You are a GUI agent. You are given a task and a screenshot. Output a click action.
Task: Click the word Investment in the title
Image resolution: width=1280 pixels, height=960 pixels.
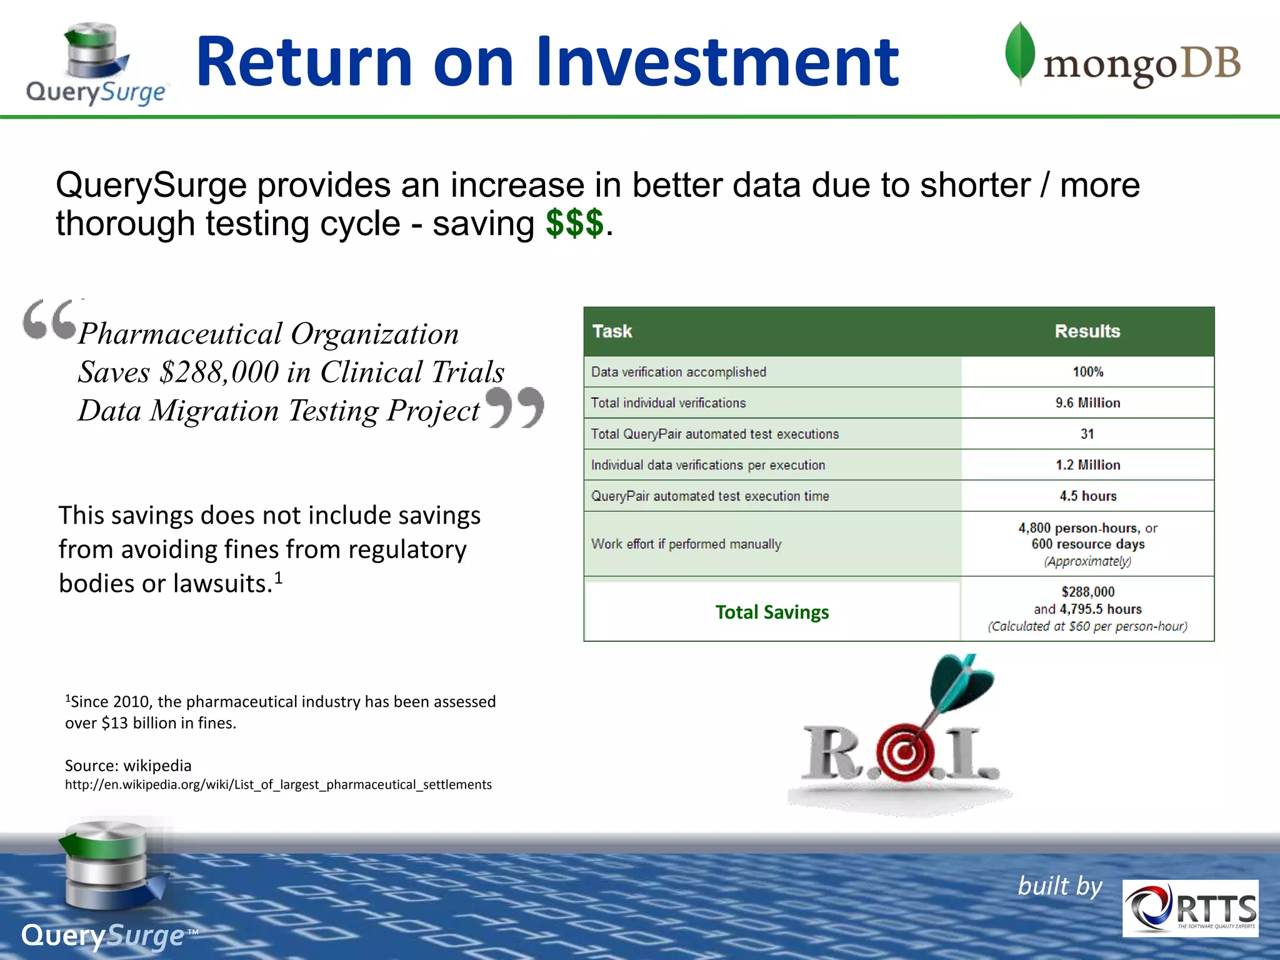(717, 62)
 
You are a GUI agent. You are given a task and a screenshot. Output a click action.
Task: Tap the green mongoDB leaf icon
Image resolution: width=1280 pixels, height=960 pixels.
(1019, 53)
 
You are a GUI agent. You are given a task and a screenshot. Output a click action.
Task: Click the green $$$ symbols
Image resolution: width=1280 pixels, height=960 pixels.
(574, 223)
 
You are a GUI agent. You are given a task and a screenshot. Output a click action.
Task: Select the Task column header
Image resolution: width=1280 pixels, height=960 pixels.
(612, 331)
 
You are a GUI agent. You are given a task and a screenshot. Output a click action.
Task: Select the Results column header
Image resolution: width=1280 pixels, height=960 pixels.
(1087, 331)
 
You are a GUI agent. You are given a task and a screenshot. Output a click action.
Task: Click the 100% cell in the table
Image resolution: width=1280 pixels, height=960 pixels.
(1087, 372)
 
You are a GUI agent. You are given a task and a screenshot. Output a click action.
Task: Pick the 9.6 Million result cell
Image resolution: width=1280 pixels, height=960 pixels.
(1087, 403)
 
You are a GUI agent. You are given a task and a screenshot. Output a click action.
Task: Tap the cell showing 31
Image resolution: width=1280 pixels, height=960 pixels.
(1087, 434)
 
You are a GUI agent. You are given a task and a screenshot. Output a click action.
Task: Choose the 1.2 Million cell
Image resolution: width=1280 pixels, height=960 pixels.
(1087, 465)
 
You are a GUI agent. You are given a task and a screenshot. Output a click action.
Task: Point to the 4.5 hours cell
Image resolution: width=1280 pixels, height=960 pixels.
(1087, 496)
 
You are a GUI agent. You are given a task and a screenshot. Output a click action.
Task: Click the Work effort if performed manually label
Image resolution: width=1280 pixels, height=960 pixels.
(686, 544)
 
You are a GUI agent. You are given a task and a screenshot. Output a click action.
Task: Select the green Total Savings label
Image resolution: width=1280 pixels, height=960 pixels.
(772, 612)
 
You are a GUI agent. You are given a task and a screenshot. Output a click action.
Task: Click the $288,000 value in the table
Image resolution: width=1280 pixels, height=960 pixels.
(1087, 592)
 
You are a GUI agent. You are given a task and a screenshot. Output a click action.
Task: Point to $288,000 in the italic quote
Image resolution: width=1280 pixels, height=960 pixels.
(219, 372)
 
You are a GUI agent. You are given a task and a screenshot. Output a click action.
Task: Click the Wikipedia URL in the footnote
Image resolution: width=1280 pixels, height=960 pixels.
(278, 784)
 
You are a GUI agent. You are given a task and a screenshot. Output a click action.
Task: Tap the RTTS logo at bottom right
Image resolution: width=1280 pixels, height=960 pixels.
(1190, 908)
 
